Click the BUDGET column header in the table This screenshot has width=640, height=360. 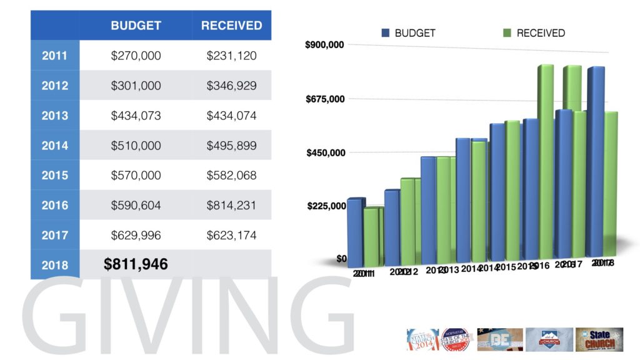(136, 26)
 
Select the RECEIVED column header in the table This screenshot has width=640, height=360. (231, 26)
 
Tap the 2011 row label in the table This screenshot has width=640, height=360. (55, 56)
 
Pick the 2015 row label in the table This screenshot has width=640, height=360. (55, 176)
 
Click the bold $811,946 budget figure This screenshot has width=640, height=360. (136, 264)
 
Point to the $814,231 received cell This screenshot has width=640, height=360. (231, 206)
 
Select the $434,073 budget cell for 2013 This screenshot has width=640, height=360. (136, 116)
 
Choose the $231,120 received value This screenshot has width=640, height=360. (231, 56)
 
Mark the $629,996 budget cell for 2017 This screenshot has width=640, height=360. (136, 236)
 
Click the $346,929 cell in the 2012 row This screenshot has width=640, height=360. (231, 86)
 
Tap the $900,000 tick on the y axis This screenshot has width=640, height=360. (325, 45)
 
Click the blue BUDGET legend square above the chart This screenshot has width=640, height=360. (386, 32)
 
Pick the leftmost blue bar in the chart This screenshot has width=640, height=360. (354, 231)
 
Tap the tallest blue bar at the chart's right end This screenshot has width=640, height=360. (596, 162)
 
